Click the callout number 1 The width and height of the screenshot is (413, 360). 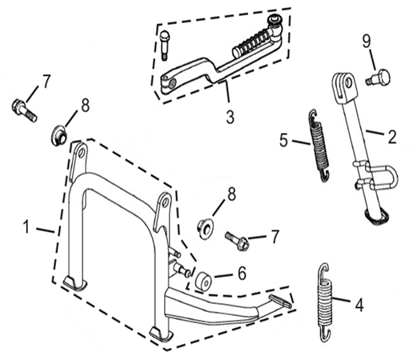[26, 226]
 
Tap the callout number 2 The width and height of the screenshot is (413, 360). [392, 137]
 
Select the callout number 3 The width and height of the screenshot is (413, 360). [231, 117]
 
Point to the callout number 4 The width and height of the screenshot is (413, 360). [359, 305]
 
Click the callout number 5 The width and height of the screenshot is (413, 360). [284, 140]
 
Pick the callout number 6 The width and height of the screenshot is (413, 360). [242, 273]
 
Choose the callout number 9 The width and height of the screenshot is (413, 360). [367, 42]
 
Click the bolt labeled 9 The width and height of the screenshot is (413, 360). [379, 78]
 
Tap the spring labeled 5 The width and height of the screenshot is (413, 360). [319, 146]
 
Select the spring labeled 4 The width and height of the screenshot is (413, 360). [326, 302]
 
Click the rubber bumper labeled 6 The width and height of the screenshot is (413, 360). [203, 281]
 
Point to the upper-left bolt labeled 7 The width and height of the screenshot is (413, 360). [24, 110]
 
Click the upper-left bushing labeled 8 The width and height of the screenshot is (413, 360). [58, 135]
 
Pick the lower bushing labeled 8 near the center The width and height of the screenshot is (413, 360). [205, 229]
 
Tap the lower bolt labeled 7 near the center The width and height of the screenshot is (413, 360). [237, 241]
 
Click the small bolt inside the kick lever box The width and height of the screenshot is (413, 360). [165, 45]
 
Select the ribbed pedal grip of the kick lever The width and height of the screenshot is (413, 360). [251, 42]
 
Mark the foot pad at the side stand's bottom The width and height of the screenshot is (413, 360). [377, 216]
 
